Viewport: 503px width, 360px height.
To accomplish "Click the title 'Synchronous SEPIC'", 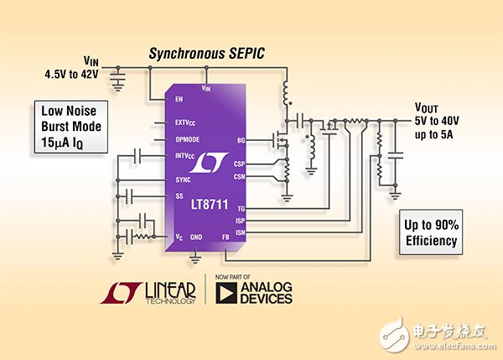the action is pyautogui.click(x=206, y=54).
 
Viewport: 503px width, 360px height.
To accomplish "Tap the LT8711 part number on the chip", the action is pyautogui.click(x=210, y=205).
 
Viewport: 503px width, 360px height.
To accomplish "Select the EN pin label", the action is pyautogui.click(x=179, y=99).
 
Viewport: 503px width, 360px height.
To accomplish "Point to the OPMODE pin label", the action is pyautogui.click(x=187, y=139).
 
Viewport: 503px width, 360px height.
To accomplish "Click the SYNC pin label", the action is pyautogui.click(x=183, y=180).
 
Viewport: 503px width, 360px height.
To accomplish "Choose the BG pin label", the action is pyautogui.click(x=241, y=140).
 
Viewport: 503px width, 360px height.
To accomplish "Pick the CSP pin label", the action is pyautogui.click(x=239, y=164).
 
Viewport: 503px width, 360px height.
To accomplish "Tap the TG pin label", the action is pyautogui.click(x=241, y=209).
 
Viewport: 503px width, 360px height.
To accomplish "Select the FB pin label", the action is pyautogui.click(x=226, y=237).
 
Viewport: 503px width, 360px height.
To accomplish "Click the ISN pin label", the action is pyautogui.click(x=241, y=232).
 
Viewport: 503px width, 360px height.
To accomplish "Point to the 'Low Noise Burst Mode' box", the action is pyautogui.click(x=71, y=127).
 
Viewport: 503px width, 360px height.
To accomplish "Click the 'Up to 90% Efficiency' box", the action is pyautogui.click(x=431, y=232).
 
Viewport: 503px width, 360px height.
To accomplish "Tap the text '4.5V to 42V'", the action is pyautogui.click(x=71, y=75).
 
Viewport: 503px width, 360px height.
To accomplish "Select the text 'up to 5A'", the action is pyautogui.click(x=433, y=134).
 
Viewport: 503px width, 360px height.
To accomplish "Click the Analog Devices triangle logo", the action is pyautogui.click(x=226, y=293).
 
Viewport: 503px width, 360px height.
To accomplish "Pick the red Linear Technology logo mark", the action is pyautogui.click(x=121, y=293).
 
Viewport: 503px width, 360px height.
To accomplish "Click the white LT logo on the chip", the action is pyautogui.click(x=209, y=163).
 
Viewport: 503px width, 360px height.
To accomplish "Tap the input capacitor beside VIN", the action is pyautogui.click(x=118, y=79).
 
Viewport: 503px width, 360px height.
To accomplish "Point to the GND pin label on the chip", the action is pyautogui.click(x=196, y=237).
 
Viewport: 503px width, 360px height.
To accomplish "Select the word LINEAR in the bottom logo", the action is pyautogui.click(x=170, y=290).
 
